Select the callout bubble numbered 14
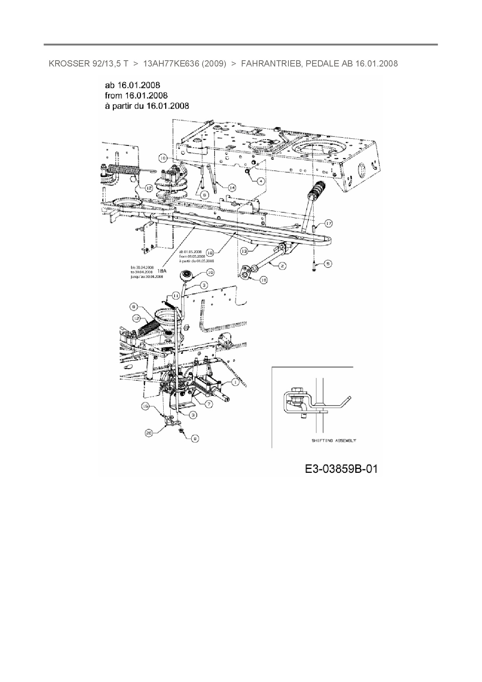click(x=231, y=188)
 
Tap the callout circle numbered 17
click(x=329, y=224)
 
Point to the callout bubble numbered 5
click(x=328, y=264)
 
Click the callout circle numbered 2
click(x=282, y=266)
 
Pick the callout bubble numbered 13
click(x=244, y=252)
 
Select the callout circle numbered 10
click(x=210, y=273)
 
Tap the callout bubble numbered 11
click(x=176, y=296)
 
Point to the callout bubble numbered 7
click(x=209, y=404)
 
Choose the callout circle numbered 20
click(x=148, y=432)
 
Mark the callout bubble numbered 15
click(x=145, y=406)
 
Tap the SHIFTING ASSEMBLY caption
click(x=334, y=441)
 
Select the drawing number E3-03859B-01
click(x=341, y=469)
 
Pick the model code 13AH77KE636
click(x=171, y=64)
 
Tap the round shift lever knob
click(x=186, y=276)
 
